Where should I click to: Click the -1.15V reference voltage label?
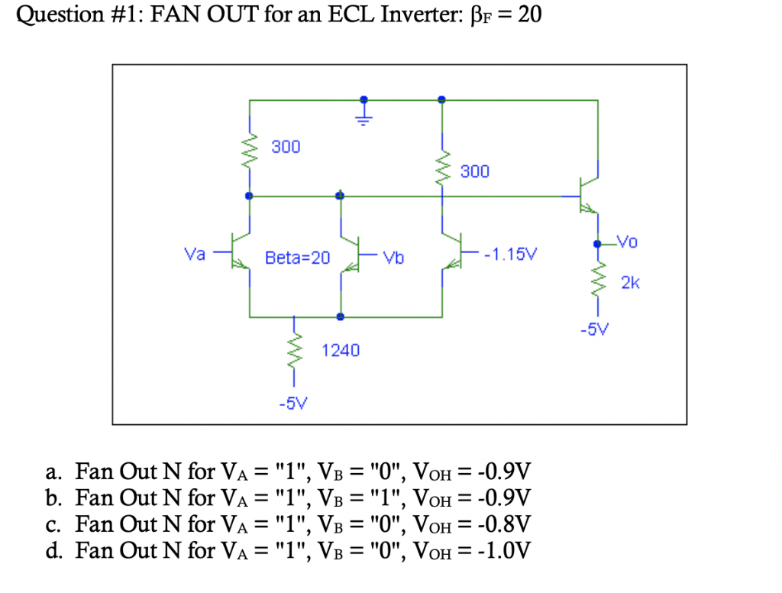[510, 253]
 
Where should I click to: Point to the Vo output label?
[627, 242]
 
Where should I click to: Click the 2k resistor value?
[630, 284]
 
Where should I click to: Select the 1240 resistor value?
[340, 351]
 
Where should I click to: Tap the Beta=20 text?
[297, 258]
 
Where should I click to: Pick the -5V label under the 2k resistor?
[595, 330]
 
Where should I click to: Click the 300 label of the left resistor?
[286, 146]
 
